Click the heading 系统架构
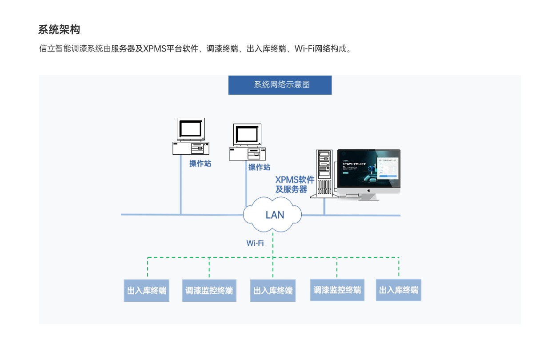pyautogui.click(x=59, y=30)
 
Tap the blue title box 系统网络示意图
pyautogui.click(x=280, y=85)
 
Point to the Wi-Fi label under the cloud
pyautogui.click(x=255, y=243)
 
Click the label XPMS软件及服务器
pyautogui.click(x=294, y=184)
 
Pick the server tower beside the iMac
pyautogui.click(x=324, y=173)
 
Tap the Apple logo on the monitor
pyautogui.click(x=368, y=190)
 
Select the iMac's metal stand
pyautogui.click(x=368, y=196)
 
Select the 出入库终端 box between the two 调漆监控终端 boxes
pyautogui.click(x=273, y=291)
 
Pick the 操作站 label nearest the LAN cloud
pyautogui.click(x=259, y=168)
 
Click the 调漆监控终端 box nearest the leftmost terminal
pyautogui.click(x=209, y=291)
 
